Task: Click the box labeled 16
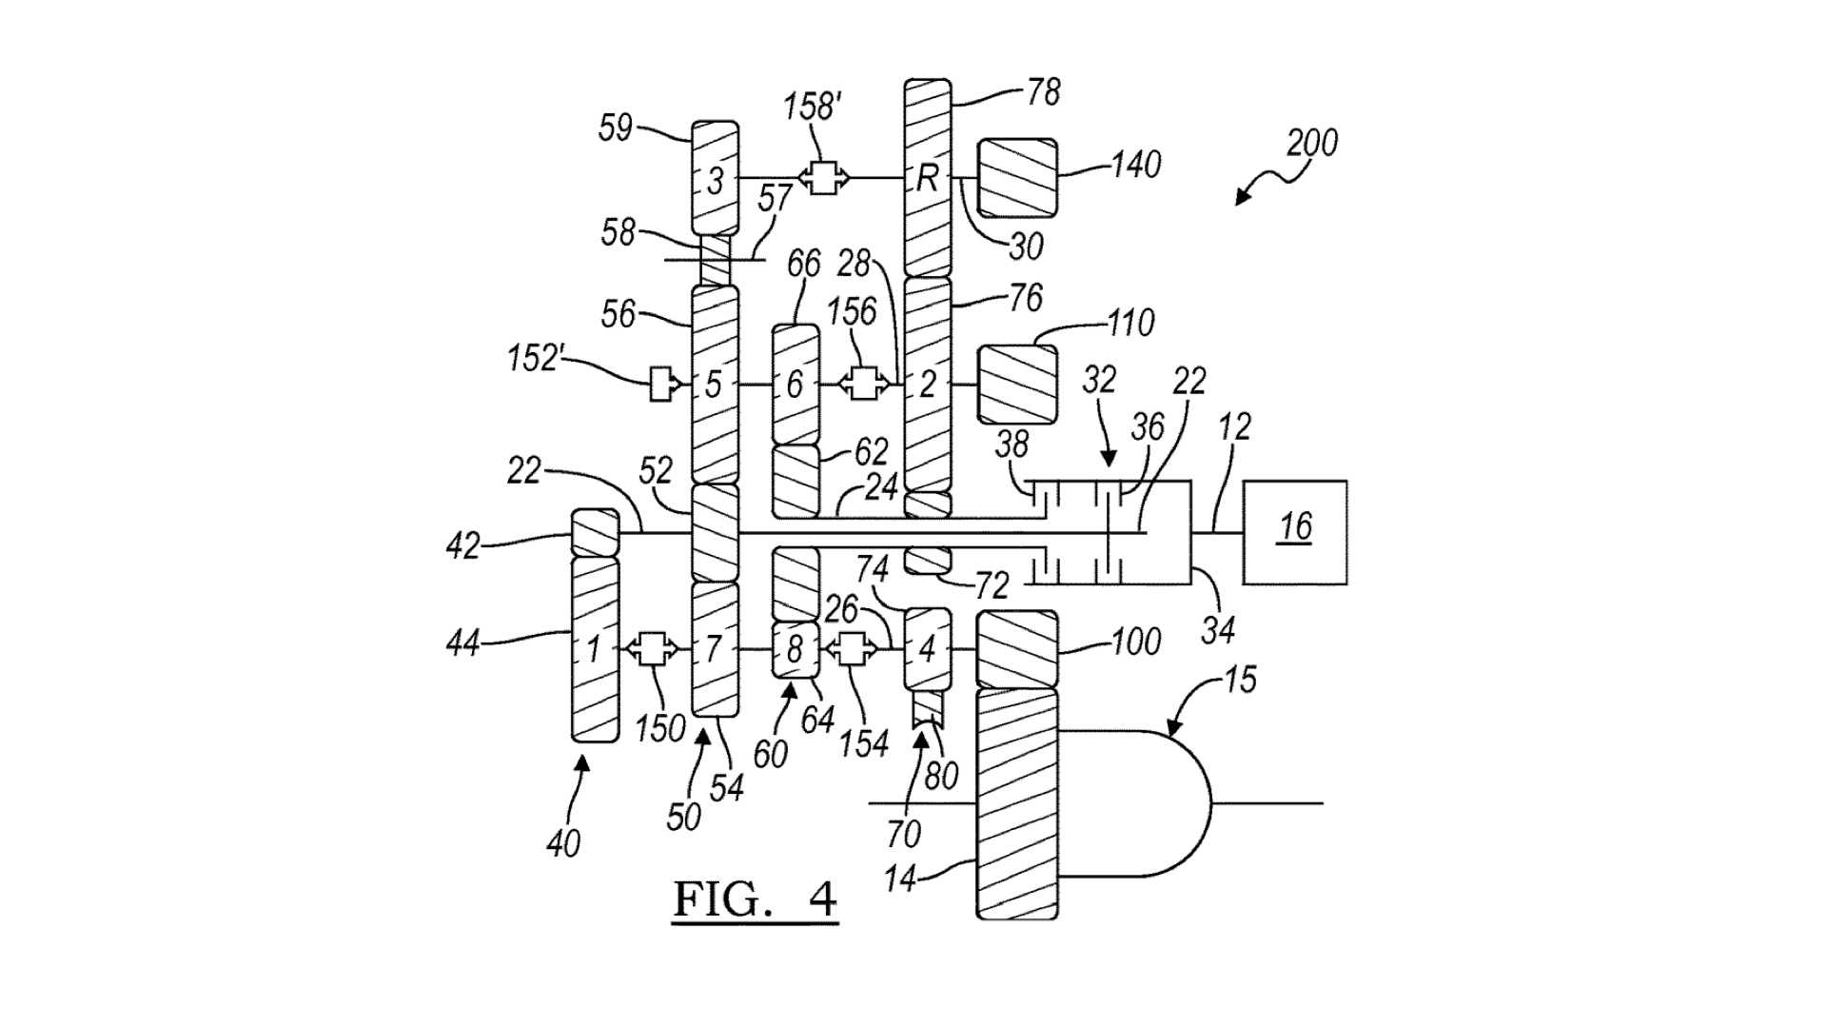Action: pos(1294,532)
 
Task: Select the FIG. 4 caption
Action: pos(756,898)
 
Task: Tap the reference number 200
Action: pos(1311,143)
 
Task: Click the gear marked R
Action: pos(927,178)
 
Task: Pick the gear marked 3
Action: pos(715,178)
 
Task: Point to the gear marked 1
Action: pos(595,649)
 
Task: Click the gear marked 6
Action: pos(795,385)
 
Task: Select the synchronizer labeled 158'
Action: pos(824,177)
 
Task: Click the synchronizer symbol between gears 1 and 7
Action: pos(652,649)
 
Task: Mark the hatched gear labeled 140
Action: pos(1017,178)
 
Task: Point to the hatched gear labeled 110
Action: pos(1017,384)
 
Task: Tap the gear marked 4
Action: pos(927,649)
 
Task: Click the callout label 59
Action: pos(616,127)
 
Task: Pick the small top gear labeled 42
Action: pos(595,533)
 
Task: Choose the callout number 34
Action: pos(1217,629)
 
